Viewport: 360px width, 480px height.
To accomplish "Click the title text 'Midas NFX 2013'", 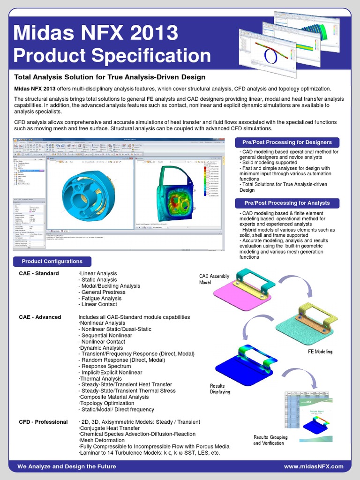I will [x=96, y=33].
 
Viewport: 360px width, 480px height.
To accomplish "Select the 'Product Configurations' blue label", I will [x=52, y=262].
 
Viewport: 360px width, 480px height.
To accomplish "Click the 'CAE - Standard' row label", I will [x=39, y=274].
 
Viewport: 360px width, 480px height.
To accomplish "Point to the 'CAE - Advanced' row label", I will [x=40, y=317].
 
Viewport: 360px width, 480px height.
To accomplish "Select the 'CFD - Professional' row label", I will [x=44, y=422].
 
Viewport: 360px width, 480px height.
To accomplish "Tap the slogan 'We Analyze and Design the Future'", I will [x=67, y=466].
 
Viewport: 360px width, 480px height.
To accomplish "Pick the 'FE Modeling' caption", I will [x=320, y=352].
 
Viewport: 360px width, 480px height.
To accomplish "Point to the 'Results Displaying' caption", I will [x=220, y=389].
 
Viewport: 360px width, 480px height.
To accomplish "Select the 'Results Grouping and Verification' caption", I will [x=270, y=440].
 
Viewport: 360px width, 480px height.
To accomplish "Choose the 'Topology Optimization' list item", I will [x=107, y=403].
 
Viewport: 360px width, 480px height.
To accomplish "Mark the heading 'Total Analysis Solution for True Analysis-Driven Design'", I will [x=110, y=77].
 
